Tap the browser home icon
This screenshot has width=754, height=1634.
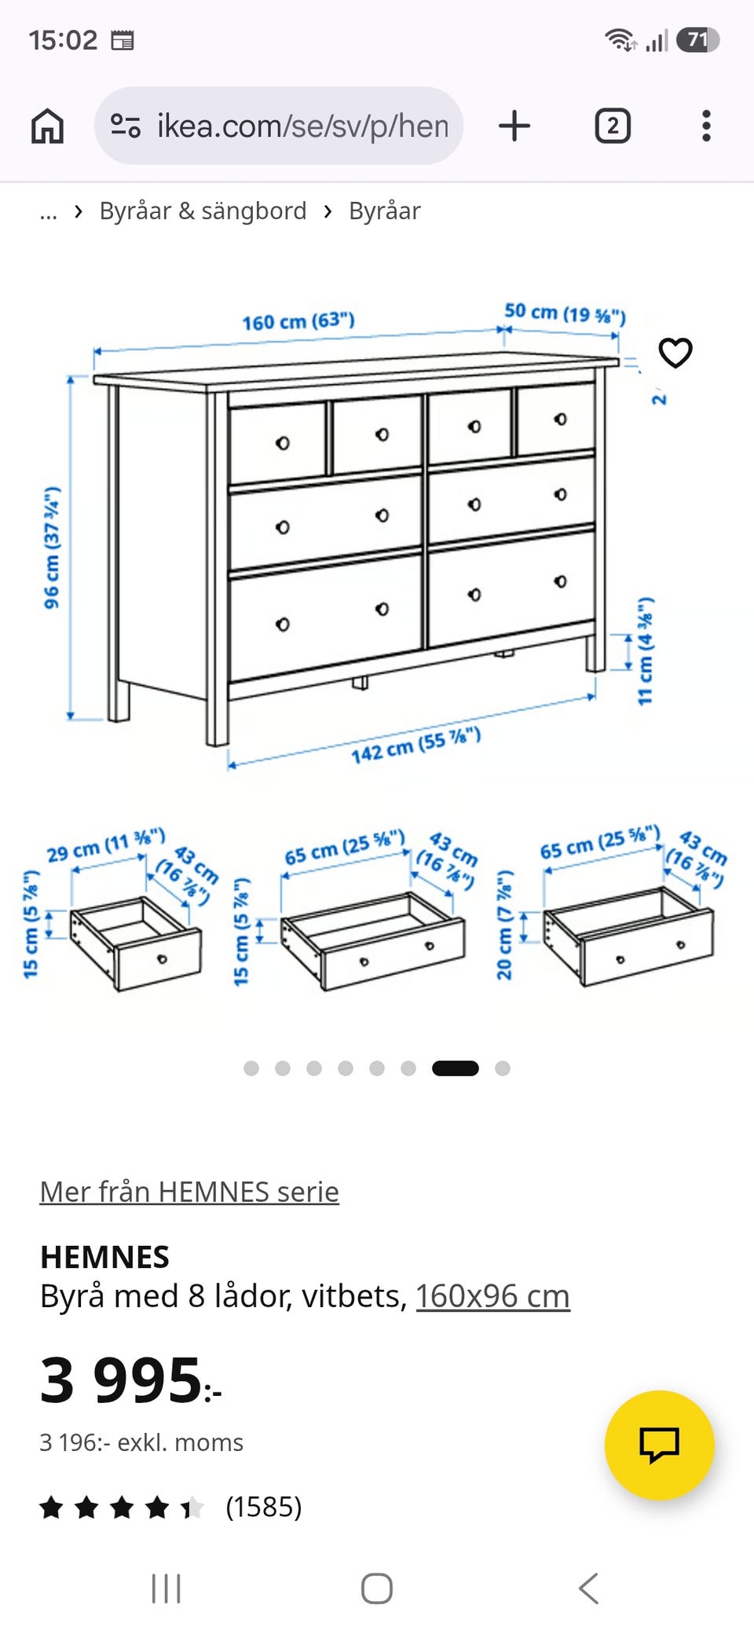(47, 126)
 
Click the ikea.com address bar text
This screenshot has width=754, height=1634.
(302, 126)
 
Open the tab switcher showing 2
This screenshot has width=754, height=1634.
(613, 126)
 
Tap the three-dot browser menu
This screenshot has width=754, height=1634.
(706, 126)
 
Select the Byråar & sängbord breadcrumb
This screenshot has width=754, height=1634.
(203, 211)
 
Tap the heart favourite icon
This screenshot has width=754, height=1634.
(675, 353)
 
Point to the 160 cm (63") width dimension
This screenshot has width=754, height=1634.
(298, 321)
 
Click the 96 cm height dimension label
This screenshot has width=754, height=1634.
(52, 548)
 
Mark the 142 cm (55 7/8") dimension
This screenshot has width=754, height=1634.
(415, 746)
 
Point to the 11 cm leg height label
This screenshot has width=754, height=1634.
(645, 651)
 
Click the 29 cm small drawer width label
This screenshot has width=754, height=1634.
(106, 844)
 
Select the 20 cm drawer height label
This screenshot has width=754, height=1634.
(504, 925)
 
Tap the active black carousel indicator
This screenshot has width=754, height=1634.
(456, 1068)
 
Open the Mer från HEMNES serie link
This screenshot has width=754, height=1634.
(189, 1192)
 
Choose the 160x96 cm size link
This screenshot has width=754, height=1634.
(492, 1296)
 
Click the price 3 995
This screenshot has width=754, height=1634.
(130, 1380)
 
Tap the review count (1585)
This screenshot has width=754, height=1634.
(264, 1507)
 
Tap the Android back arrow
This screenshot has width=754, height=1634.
(589, 1588)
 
